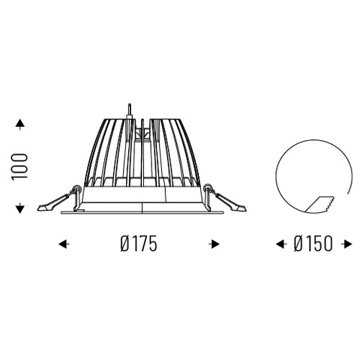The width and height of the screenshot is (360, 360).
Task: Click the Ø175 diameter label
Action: click(x=139, y=244)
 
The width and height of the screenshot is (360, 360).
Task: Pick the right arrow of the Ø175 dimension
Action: click(x=215, y=244)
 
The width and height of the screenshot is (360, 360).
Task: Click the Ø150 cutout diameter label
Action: click(x=314, y=244)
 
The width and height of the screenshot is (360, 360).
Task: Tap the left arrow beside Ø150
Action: click(x=281, y=244)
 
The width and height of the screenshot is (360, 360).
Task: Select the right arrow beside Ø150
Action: click(x=346, y=244)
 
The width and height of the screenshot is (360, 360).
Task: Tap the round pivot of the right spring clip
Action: click(x=207, y=189)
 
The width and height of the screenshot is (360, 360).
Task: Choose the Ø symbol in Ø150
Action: click(x=297, y=244)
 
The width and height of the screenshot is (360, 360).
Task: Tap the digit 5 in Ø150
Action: click(x=319, y=244)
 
